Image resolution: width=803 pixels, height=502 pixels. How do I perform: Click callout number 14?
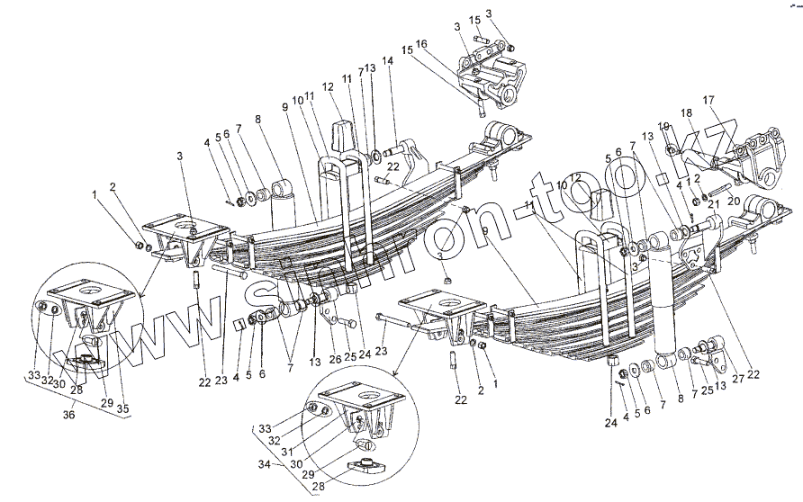pyautogui.click(x=388, y=61)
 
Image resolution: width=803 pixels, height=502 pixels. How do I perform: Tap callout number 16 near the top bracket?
pyautogui.click(x=421, y=44)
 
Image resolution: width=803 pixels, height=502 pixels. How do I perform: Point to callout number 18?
pyautogui.click(x=686, y=113)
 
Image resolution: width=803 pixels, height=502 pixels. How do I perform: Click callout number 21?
pyautogui.click(x=712, y=204)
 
